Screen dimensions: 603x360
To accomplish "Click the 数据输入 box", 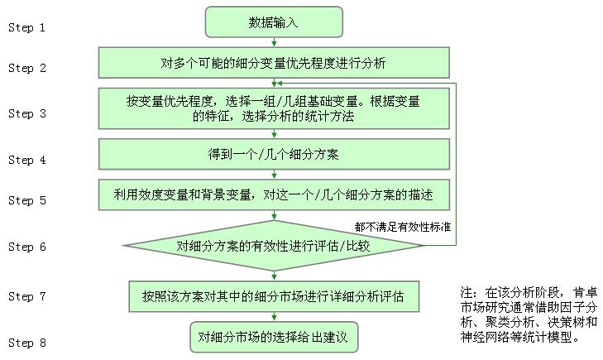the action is tap(274, 22).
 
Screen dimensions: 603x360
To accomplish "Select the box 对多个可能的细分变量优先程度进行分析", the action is tap(274, 63).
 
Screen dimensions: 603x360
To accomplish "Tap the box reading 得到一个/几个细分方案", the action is tap(274, 154).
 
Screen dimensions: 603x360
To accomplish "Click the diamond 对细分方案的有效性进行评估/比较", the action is tap(274, 246).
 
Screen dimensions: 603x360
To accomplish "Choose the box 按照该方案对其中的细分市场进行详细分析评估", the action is tap(274, 296).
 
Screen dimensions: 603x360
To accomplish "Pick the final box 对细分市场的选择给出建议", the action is tap(274, 338).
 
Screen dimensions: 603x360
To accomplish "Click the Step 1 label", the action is tap(27, 27).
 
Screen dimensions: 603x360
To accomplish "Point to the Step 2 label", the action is tap(27, 68).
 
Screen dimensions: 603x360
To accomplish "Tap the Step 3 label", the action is tap(27, 113).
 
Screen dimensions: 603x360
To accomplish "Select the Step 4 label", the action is tap(27, 160).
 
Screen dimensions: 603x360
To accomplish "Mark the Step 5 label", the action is tap(27, 200).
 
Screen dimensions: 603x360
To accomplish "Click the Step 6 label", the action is tap(27, 247).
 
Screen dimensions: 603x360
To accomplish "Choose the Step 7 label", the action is tap(27, 296).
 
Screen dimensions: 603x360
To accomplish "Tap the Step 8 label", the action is tap(27, 343).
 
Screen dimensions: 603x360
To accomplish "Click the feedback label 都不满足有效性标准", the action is tap(403, 227).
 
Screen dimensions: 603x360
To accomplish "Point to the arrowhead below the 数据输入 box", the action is tap(274, 44).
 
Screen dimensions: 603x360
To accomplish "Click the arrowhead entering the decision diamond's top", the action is tap(274, 217).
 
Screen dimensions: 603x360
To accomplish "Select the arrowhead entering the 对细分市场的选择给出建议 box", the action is tap(274, 318).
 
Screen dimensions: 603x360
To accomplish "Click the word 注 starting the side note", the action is tap(467, 293).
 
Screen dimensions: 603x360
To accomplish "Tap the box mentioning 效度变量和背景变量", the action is tap(274, 194).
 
